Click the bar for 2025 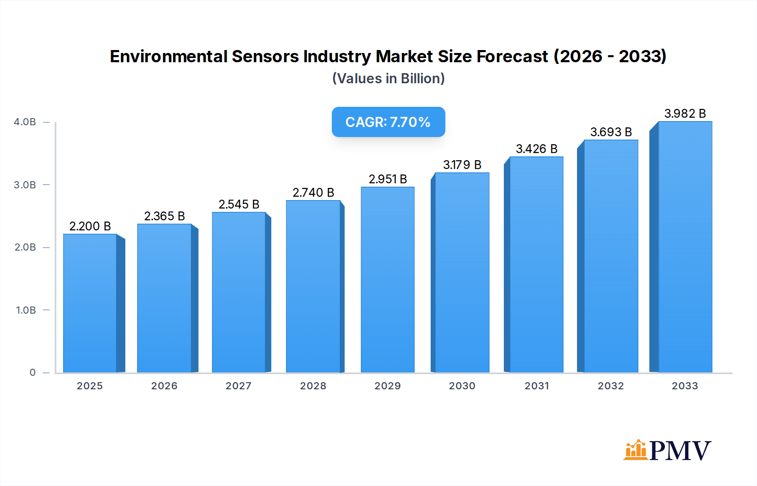pyautogui.click(x=90, y=303)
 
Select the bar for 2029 pyautogui.click(x=387, y=280)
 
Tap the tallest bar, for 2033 pyautogui.click(x=685, y=247)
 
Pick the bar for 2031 pyautogui.click(x=536, y=265)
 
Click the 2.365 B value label pyautogui.click(x=164, y=216)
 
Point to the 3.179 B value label pyautogui.click(x=462, y=165)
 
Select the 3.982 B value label pyautogui.click(x=685, y=114)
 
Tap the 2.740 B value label pyautogui.click(x=313, y=193)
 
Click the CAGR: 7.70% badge pyautogui.click(x=388, y=122)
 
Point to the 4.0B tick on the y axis pyautogui.click(x=25, y=122)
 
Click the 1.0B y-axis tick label pyautogui.click(x=26, y=310)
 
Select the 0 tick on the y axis pyautogui.click(x=32, y=372)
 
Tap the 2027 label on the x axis pyautogui.click(x=238, y=386)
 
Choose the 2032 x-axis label pyautogui.click(x=611, y=386)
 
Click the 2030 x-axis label pyautogui.click(x=462, y=386)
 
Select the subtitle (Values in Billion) pyautogui.click(x=388, y=79)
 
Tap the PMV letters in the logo pyautogui.click(x=680, y=451)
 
